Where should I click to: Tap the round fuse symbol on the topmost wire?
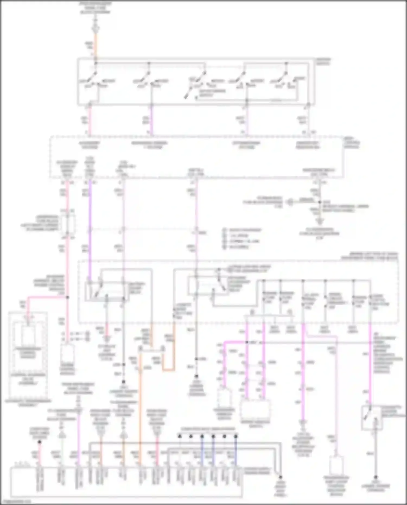pos(96,28)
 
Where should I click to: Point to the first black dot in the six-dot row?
pos(180,436)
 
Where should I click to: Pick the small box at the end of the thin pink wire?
pos(336,466)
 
